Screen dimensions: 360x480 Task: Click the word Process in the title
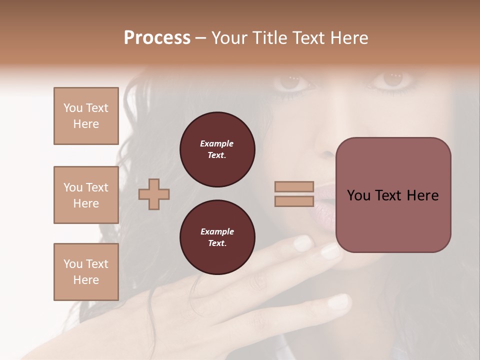(x=157, y=38)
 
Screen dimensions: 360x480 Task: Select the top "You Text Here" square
(x=86, y=116)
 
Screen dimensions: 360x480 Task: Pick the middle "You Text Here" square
(x=86, y=195)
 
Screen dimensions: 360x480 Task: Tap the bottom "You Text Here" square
(x=86, y=271)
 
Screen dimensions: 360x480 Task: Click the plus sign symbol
(x=153, y=194)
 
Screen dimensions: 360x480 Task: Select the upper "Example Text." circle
(x=217, y=149)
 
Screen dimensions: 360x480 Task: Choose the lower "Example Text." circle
(x=217, y=237)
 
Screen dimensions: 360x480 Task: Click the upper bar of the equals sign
(x=294, y=186)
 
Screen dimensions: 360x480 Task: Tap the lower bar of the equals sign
(x=294, y=201)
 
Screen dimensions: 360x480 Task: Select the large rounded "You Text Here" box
(x=393, y=195)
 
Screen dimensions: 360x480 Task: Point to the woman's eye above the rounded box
(x=393, y=79)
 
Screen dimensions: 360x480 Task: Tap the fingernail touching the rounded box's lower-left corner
(x=330, y=250)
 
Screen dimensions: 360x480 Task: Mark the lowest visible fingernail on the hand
(x=339, y=301)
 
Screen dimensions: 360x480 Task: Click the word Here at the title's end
(x=349, y=38)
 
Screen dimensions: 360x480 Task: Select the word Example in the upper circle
(x=217, y=144)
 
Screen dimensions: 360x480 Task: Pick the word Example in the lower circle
(x=217, y=232)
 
